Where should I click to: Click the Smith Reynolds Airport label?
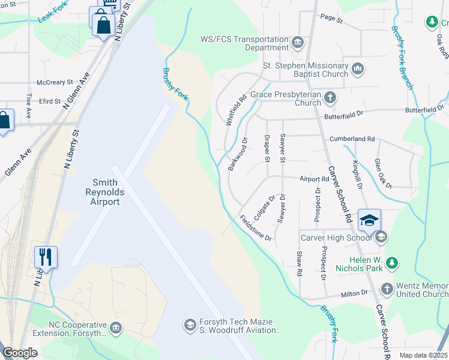click(x=105, y=192)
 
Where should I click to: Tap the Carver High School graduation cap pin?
click(x=370, y=220)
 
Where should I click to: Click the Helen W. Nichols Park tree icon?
click(x=393, y=263)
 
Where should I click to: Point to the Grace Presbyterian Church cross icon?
click(x=330, y=97)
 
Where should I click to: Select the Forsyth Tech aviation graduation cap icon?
click(x=190, y=325)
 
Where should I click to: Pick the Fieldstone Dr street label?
click(x=256, y=228)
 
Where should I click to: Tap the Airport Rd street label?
click(x=313, y=179)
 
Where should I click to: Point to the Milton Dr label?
click(x=354, y=293)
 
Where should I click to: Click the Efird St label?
click(x=50, y=101)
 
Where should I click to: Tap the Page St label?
click(x=331, y=20)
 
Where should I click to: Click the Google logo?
click(x=20, y=353)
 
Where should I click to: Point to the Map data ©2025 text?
click(x=423, y=355)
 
